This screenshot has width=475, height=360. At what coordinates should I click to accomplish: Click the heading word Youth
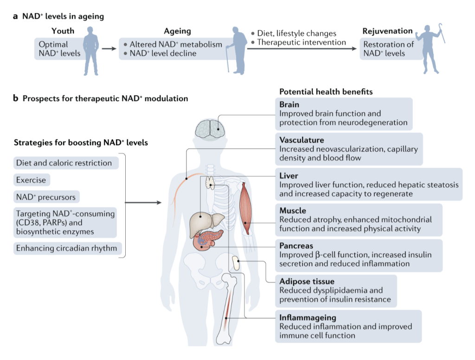(x=64, y=31)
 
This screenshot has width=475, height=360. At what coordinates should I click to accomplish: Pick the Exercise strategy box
(x=31, y=180)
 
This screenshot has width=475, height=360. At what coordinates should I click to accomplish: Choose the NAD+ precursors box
(x=45, y=196)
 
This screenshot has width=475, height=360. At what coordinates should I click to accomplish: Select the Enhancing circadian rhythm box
(x=67, y=248)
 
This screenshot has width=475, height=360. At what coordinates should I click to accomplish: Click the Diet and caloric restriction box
(x=64, y=163)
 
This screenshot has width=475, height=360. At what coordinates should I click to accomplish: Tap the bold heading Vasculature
(x=302, y=140)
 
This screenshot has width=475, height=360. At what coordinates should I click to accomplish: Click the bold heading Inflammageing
(x=308, y=317)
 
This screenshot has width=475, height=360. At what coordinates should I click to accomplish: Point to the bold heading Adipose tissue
(x=307, y=281)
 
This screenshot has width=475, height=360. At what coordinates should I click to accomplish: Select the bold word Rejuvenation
(x=387, y=31)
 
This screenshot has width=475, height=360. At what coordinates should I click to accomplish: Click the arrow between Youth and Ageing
(x=109, y=48)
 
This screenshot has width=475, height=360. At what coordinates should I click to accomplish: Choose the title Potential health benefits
(x=326, y=91)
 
